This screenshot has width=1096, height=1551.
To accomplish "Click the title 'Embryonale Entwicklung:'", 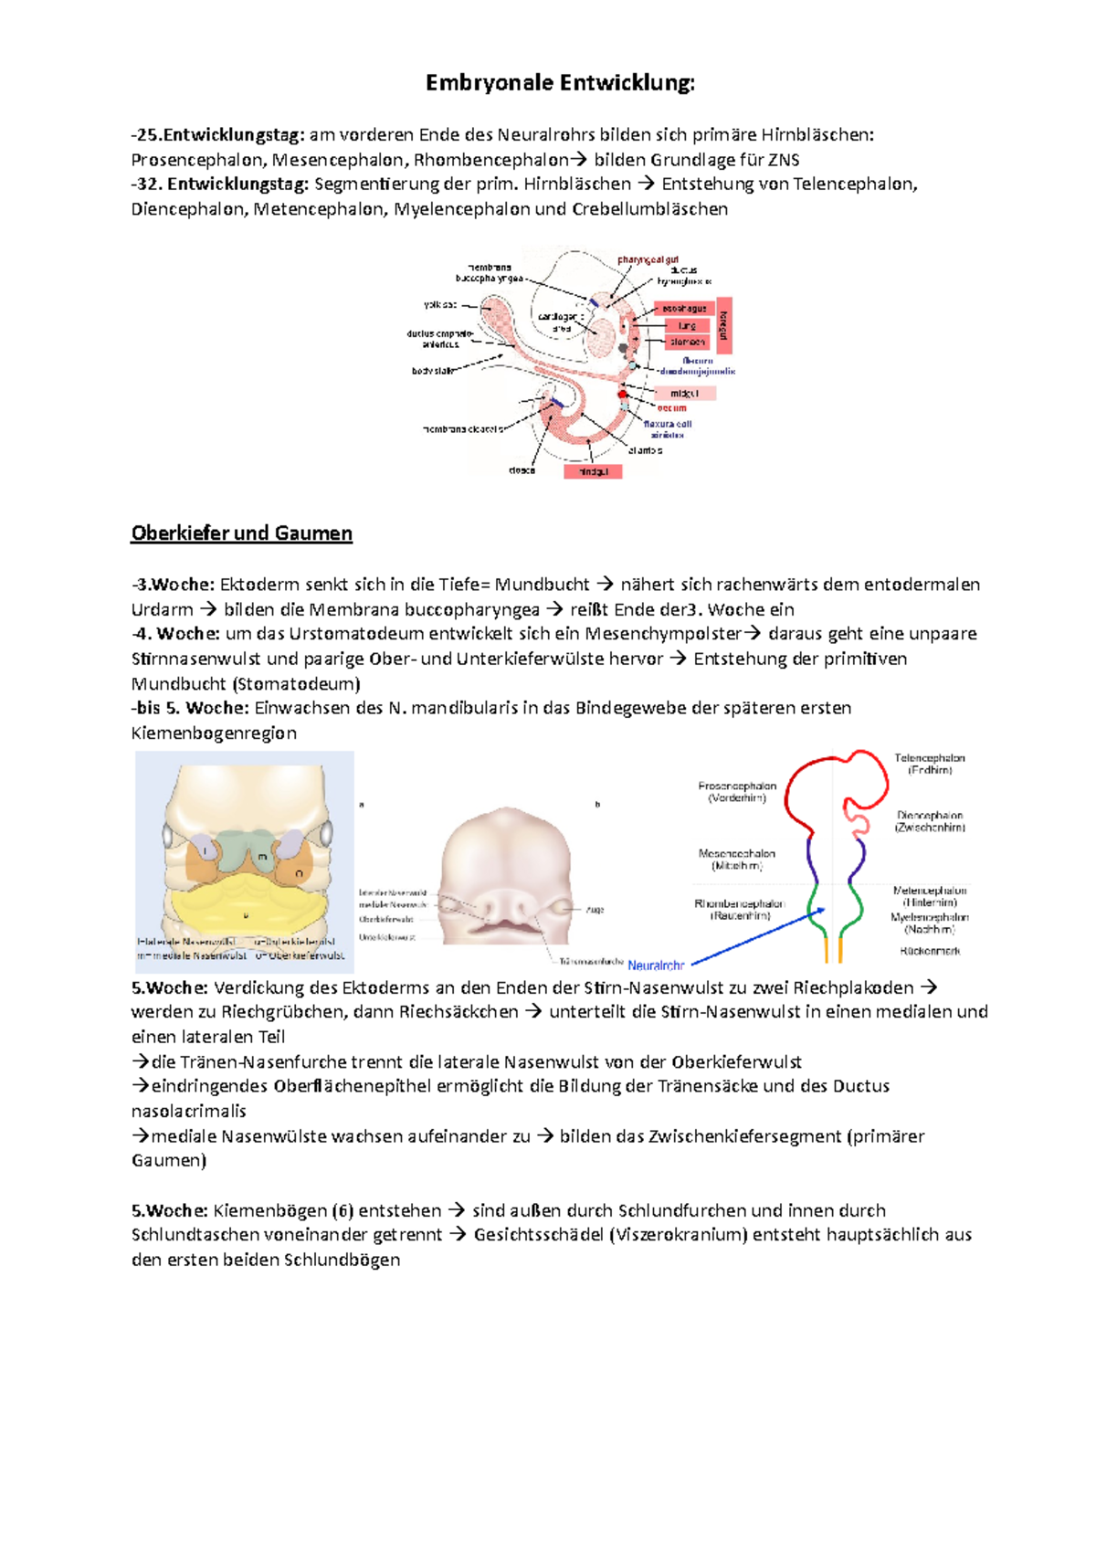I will click(x=560, y=83).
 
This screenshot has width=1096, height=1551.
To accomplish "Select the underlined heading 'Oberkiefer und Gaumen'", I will click(x=241, y=533).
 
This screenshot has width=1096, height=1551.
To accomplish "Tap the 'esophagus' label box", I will click(x=684, y=309).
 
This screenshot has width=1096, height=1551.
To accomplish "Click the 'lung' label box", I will click(x=687, y=326).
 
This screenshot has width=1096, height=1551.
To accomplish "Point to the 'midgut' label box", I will click(x=684, y=393).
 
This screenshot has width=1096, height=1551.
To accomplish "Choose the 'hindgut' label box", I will click(x=593, y=471).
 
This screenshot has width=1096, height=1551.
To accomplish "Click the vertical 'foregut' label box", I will click(x=724, y=325).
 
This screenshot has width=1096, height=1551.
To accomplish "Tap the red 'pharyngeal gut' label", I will click(x=648, y=260).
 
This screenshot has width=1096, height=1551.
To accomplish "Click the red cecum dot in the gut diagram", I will click(x=623, y=396).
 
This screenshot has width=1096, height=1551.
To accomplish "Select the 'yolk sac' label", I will click(x=440, y=305).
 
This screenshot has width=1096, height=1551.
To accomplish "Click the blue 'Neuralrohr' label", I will click(x=656, y=965).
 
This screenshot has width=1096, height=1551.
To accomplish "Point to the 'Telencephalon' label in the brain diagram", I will click(x=929, y=758).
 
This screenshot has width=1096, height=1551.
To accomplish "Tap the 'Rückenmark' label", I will click(x=930, y=951).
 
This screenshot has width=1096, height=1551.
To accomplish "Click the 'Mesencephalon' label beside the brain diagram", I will click(x=736, y=853).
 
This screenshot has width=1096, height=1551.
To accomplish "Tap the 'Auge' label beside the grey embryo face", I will click(x=595, y=909).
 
